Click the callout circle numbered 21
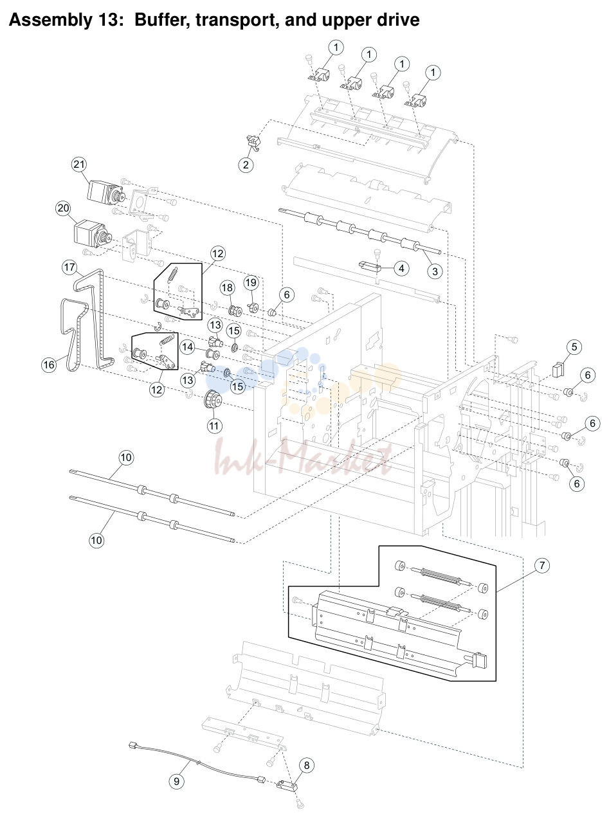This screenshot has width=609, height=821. point(79,165)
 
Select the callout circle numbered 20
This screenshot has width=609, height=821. point(63,208)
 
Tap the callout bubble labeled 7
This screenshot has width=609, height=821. point(542,565)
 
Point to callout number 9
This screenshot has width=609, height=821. point(177,781)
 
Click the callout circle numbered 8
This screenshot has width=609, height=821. point(307,764)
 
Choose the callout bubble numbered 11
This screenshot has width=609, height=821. point(214,426)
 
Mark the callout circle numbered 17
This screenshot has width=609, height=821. point(69,267)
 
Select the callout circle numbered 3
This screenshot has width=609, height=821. point(435,271)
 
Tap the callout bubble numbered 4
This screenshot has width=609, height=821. point(401,268)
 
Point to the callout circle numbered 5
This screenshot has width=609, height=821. point(574,347)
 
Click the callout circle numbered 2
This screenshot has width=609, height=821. point(246,165)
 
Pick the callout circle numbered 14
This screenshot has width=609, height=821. point(188,347)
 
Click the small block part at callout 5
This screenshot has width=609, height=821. point(558,370)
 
